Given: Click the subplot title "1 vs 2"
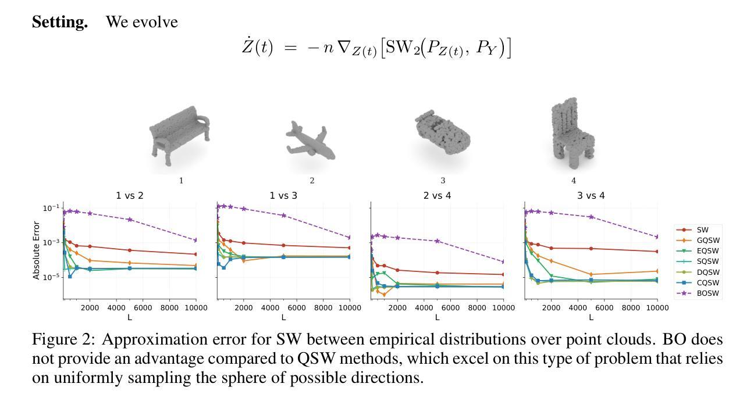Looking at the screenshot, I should click(x=130, y=196).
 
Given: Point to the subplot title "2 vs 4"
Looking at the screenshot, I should click(x=437, y=196).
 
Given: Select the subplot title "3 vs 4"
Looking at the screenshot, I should click(x=591, y=196).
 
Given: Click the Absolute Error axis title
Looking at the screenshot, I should click(x=37, y=250).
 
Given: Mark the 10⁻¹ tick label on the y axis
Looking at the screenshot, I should click(x=51, y=208).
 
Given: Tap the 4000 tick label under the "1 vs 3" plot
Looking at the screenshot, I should click(x=270, y=308).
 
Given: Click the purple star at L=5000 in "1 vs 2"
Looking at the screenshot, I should click(x=130, y=220).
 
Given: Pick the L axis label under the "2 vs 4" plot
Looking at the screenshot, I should click(x=437, y=318).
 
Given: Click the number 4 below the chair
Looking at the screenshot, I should click(x=574, y=181).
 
